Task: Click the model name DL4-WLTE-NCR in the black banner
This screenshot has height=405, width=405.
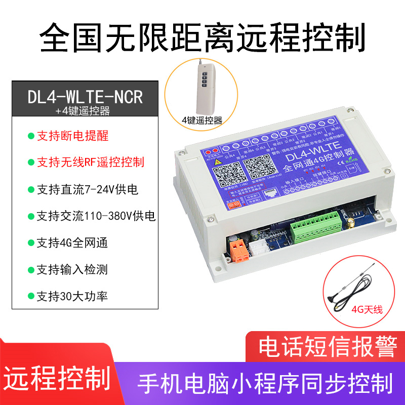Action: pyautogui.click(x=86, y=96)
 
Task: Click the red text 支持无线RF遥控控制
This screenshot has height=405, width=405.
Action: pyautogui.click(x=91, y=162)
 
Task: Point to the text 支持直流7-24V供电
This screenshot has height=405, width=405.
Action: pyautogui.click(x=87, y=189)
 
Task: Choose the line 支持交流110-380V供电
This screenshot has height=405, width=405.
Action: pyautogui.click(x=96, y=216)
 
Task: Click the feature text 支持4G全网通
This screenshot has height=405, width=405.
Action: pyautogui.click(x=72, y=243)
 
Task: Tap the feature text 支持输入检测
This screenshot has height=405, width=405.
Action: pyautogui.click(x=72, y=270)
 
